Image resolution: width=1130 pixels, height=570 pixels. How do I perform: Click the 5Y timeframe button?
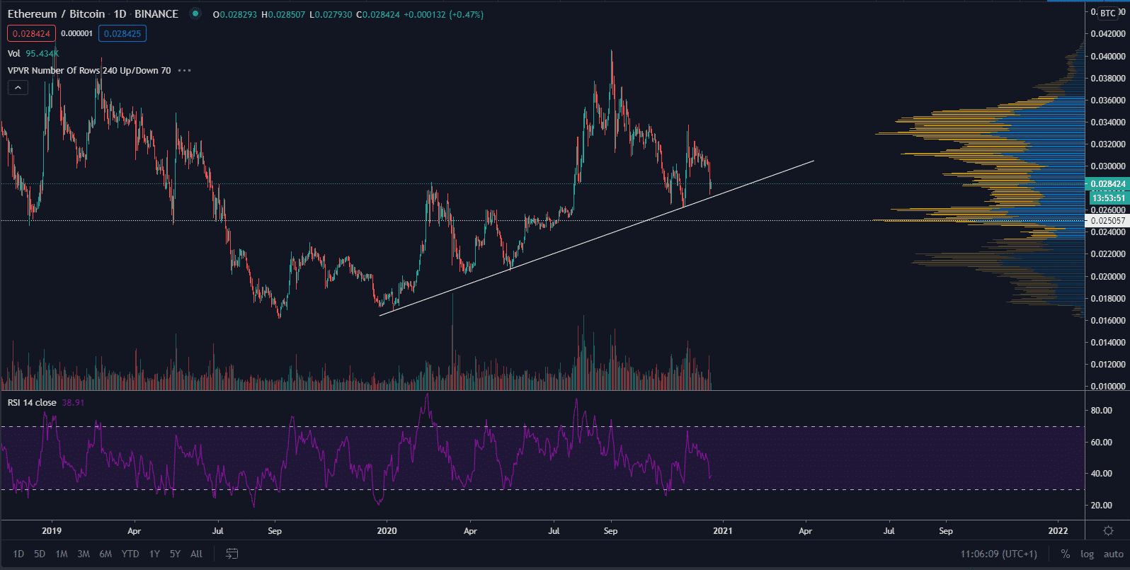click(175, 554)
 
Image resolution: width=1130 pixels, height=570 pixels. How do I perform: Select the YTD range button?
click(130, 554)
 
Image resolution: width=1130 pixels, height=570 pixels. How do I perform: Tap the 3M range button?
click(84, 554)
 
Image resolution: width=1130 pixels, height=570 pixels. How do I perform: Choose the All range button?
click(197, 554)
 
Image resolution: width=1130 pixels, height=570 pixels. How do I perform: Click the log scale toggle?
click(1087, 554)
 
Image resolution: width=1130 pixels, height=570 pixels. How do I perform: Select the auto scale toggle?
click(1113, 554)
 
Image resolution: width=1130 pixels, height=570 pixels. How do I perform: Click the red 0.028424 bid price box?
click(31, 33)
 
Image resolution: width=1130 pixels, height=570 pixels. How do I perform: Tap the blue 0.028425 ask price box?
click(122, 33)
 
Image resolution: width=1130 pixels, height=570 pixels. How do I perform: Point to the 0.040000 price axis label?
click(1108, 56)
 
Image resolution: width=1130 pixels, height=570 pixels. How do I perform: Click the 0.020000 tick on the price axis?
click(1108, 276)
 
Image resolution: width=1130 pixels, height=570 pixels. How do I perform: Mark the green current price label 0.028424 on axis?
click(1108, 184)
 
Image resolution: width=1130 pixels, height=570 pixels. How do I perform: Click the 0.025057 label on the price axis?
click(1108, 220)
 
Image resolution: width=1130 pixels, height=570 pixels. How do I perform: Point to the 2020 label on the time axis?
click(387, 530)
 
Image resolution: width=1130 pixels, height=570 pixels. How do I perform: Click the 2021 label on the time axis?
click(722, 530)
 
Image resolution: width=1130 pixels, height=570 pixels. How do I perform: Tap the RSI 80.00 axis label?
click(1101, 410)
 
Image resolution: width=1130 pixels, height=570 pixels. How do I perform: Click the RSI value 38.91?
click(73, 402)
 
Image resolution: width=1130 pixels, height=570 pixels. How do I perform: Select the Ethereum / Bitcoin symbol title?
click(56, 14)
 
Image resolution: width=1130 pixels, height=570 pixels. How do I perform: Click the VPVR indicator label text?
click(89, 70)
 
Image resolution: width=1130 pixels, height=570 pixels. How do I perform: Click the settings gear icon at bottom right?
click(1108, 530)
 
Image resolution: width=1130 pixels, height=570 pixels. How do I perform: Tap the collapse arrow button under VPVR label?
click(18, 88)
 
